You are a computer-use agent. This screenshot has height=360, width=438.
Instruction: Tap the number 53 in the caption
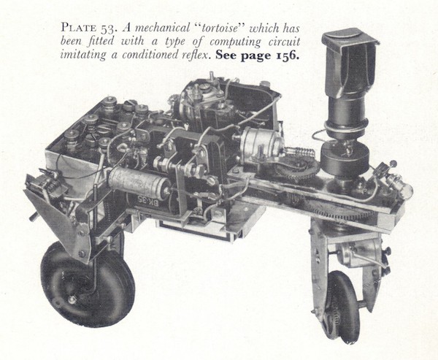[105, 28]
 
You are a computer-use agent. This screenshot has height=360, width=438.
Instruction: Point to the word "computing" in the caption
[235, 42]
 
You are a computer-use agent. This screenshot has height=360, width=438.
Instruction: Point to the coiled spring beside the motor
[303, 153]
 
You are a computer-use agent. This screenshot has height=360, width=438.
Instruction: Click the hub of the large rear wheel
[72, 299]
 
